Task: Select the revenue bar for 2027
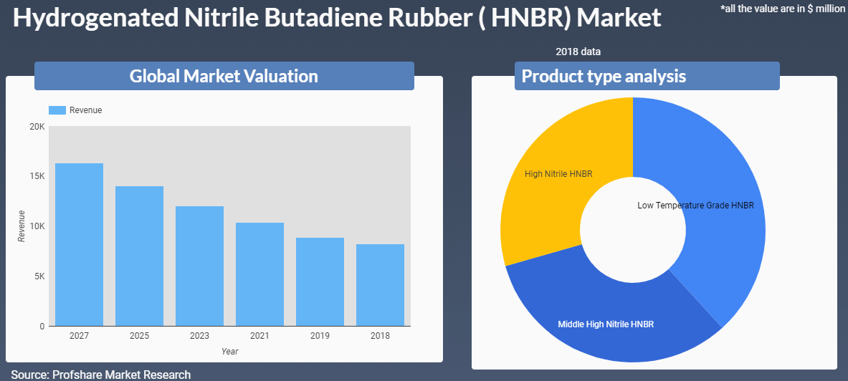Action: tap(79, 245)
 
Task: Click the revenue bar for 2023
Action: tap(199, 266)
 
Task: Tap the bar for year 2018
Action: tap(380, 285)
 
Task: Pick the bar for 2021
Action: tap(259, 274)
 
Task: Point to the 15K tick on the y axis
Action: tap(37, 177)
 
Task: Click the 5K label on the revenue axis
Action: tap(39, 276)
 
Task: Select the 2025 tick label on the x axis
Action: tap(139, 336)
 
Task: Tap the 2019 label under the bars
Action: tap(320, 336)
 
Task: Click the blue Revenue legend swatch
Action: tap(57, 110)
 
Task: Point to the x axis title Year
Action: tap(230, 351)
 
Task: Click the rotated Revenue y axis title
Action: tap(22, 226)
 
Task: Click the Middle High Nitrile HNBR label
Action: tap(606, 324)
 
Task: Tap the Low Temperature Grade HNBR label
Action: tap(695, 206)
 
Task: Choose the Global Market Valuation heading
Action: tap(224, 76)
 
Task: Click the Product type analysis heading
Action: tap(604, 76)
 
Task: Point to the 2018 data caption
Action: tap(578, 52)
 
